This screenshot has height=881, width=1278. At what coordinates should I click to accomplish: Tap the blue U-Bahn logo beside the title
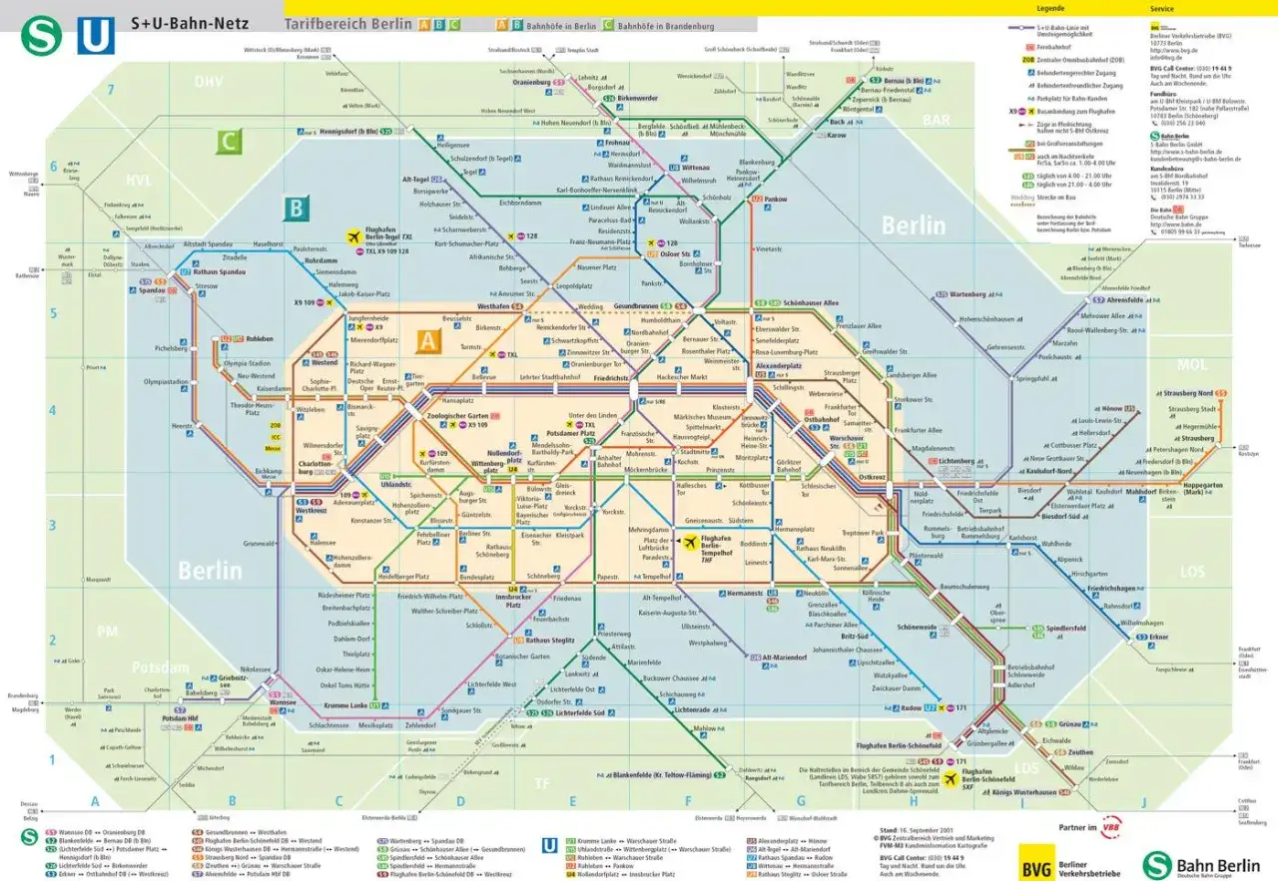click(x=96, y=36)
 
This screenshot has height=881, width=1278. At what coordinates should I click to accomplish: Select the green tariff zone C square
click(x=230, y=142)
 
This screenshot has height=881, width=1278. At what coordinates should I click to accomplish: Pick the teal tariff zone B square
click(x=296, y=209)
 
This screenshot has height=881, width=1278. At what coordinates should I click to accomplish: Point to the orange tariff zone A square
click(x=429, y=340)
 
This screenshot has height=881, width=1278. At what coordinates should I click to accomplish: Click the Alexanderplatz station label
click(x=779, y=366)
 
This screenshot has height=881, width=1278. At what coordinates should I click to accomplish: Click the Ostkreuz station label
click(x=871, y=478)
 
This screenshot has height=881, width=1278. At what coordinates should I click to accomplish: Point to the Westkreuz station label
click(x=312, y=511)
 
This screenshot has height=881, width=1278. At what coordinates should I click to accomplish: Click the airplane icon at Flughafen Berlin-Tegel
click(x=352, y=236)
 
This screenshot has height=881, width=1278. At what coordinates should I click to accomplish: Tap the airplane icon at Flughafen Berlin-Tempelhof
click(x=690, y=542)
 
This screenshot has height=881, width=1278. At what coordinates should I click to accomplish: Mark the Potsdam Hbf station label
click(x=188, y=718)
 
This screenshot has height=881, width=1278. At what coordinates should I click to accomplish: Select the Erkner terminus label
click(x=1158, y=637)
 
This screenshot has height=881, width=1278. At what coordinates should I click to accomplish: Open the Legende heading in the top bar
click(x=1050, y=7)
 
